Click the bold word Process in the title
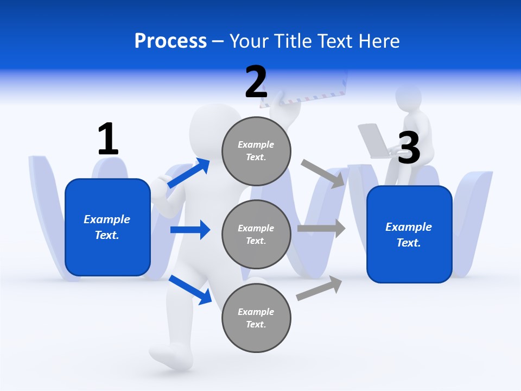pyautogui.click(x=170, y=41)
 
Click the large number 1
pyautogui.click(x=108, y=139)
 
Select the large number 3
pyautogui.click(x=409, y=148)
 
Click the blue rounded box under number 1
pyautogui.click(x=107, y=227)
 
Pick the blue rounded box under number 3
pyautogui.click(x=409, y=235)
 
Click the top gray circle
pyautogui.click(x=256, y=151)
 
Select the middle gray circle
pyautogui.click(x=256, y=235)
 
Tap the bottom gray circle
pyautogui.click(x=256, y=318)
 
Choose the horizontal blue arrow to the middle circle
pyautogui.click(x=190, y=230)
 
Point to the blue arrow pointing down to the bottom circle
pyautogui.click(x=190, y=289)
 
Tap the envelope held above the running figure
pyautogui.click(x=304, y=87)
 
